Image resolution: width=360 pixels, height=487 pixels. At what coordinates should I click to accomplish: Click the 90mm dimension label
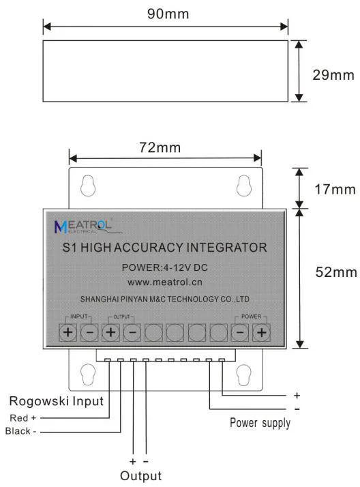168,14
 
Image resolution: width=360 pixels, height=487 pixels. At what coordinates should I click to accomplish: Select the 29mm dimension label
333,75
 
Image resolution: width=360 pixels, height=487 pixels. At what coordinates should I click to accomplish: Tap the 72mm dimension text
160,147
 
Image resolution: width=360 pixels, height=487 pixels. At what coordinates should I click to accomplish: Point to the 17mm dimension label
335,190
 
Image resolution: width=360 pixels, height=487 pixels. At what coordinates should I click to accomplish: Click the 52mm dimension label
336,272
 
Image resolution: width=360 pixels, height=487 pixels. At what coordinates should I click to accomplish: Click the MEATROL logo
83,226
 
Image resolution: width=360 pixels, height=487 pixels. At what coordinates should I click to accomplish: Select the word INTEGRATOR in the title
226,248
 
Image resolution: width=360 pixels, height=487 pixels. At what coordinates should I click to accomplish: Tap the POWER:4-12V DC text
164,267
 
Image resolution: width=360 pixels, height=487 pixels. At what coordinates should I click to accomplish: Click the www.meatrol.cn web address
164,282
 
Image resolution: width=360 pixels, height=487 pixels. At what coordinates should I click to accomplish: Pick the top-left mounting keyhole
88,186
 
